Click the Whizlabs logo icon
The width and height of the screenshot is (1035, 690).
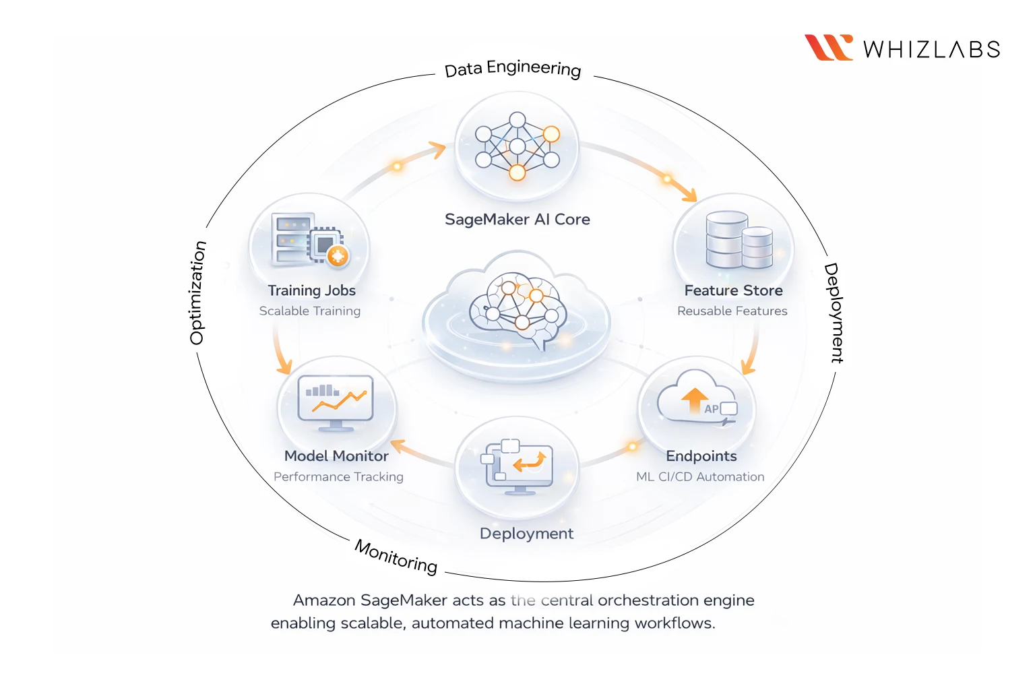point(828,48)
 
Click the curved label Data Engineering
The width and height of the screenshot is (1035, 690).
point(513,68)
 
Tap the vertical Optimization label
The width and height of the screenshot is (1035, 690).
point(197,293)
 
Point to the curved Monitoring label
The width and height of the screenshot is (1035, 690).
point(396,556)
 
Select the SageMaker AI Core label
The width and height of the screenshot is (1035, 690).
point(517,220)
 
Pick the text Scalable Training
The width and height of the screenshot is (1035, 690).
point(310,311)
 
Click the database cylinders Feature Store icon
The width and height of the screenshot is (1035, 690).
point(739,240)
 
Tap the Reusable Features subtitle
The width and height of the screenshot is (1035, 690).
point(732,311)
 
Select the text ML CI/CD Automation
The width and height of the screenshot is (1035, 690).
point(700,477)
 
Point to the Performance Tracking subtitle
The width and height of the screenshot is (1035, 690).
point(338,477)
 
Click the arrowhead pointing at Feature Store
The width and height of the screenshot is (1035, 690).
point(691,196)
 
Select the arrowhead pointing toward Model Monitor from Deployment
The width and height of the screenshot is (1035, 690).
point(397,445)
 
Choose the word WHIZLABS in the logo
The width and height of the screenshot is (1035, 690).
point(931,50)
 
